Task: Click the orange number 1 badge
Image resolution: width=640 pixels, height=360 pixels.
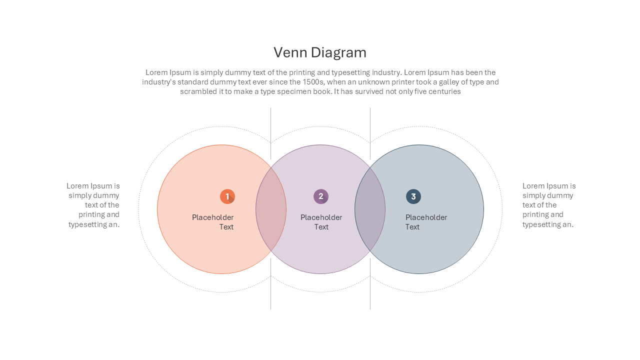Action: [x=227, y=196]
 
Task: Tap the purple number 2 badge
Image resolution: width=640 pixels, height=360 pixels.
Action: [x=321, y=196]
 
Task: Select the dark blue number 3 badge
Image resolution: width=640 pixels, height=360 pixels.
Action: [x=413, y=196]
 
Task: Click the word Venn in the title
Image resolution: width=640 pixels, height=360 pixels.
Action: [x=290, y=52]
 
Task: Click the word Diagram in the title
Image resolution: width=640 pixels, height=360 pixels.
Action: [x=338, y=53]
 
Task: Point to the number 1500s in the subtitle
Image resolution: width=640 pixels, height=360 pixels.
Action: [x=313, y=82]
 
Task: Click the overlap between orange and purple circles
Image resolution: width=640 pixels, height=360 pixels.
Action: [x=271, y=209]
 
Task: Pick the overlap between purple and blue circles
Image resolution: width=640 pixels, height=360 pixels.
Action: [x=370, y=209]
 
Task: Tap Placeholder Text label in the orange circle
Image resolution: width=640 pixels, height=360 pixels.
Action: [x=213, y=222]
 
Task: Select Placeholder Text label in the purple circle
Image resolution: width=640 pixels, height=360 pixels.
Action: [x=321, y=222]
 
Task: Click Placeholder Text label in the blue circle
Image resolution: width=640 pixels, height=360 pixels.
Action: [x=426, y=222]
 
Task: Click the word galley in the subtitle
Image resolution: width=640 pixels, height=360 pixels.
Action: [x=452, y=82]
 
